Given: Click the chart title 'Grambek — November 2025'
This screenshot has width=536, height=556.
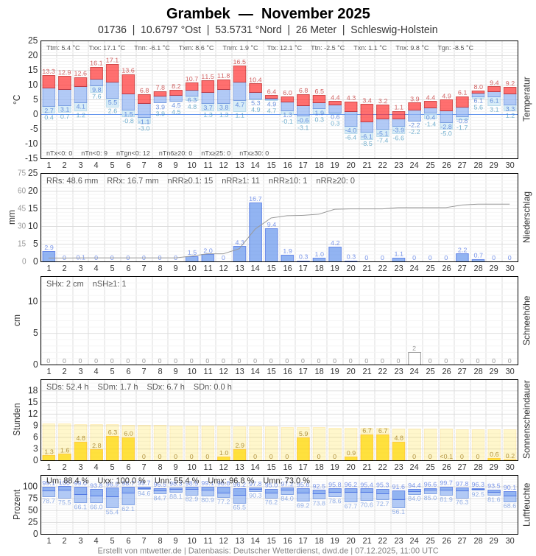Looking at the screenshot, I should point(268,13).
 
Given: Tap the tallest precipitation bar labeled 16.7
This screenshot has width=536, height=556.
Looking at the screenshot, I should point(255,232).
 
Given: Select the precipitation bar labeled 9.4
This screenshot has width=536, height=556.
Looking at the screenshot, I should point(272,244).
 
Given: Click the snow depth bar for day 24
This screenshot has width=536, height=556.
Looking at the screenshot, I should point(415,359).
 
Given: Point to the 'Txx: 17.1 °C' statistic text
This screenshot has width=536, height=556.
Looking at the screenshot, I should point(107,48).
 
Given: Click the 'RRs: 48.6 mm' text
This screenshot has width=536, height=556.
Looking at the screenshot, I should point(72,180).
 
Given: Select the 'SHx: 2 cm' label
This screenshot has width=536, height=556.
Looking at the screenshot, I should point(66,284).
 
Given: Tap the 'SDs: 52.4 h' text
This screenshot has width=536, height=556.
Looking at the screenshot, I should point(68,387).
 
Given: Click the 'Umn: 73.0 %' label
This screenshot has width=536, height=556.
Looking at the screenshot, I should point(286,480).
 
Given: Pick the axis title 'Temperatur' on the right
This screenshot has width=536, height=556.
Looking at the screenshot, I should point(526,99).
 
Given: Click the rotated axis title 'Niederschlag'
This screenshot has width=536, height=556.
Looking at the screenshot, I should point(526,217).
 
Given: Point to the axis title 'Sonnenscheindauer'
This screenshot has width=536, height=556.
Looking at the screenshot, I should point(526,420).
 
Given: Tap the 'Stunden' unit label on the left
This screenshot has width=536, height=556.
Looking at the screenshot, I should point(16,419).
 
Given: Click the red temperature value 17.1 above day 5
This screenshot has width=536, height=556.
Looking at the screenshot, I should point(112,60).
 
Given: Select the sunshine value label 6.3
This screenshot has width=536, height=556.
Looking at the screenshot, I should point(112,432).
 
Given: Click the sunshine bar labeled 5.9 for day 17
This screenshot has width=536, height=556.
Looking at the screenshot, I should point(303,448).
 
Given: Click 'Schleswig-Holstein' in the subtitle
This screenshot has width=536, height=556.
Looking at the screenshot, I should point(394,29).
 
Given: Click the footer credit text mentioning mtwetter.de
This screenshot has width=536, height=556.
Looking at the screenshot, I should point(268,550).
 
